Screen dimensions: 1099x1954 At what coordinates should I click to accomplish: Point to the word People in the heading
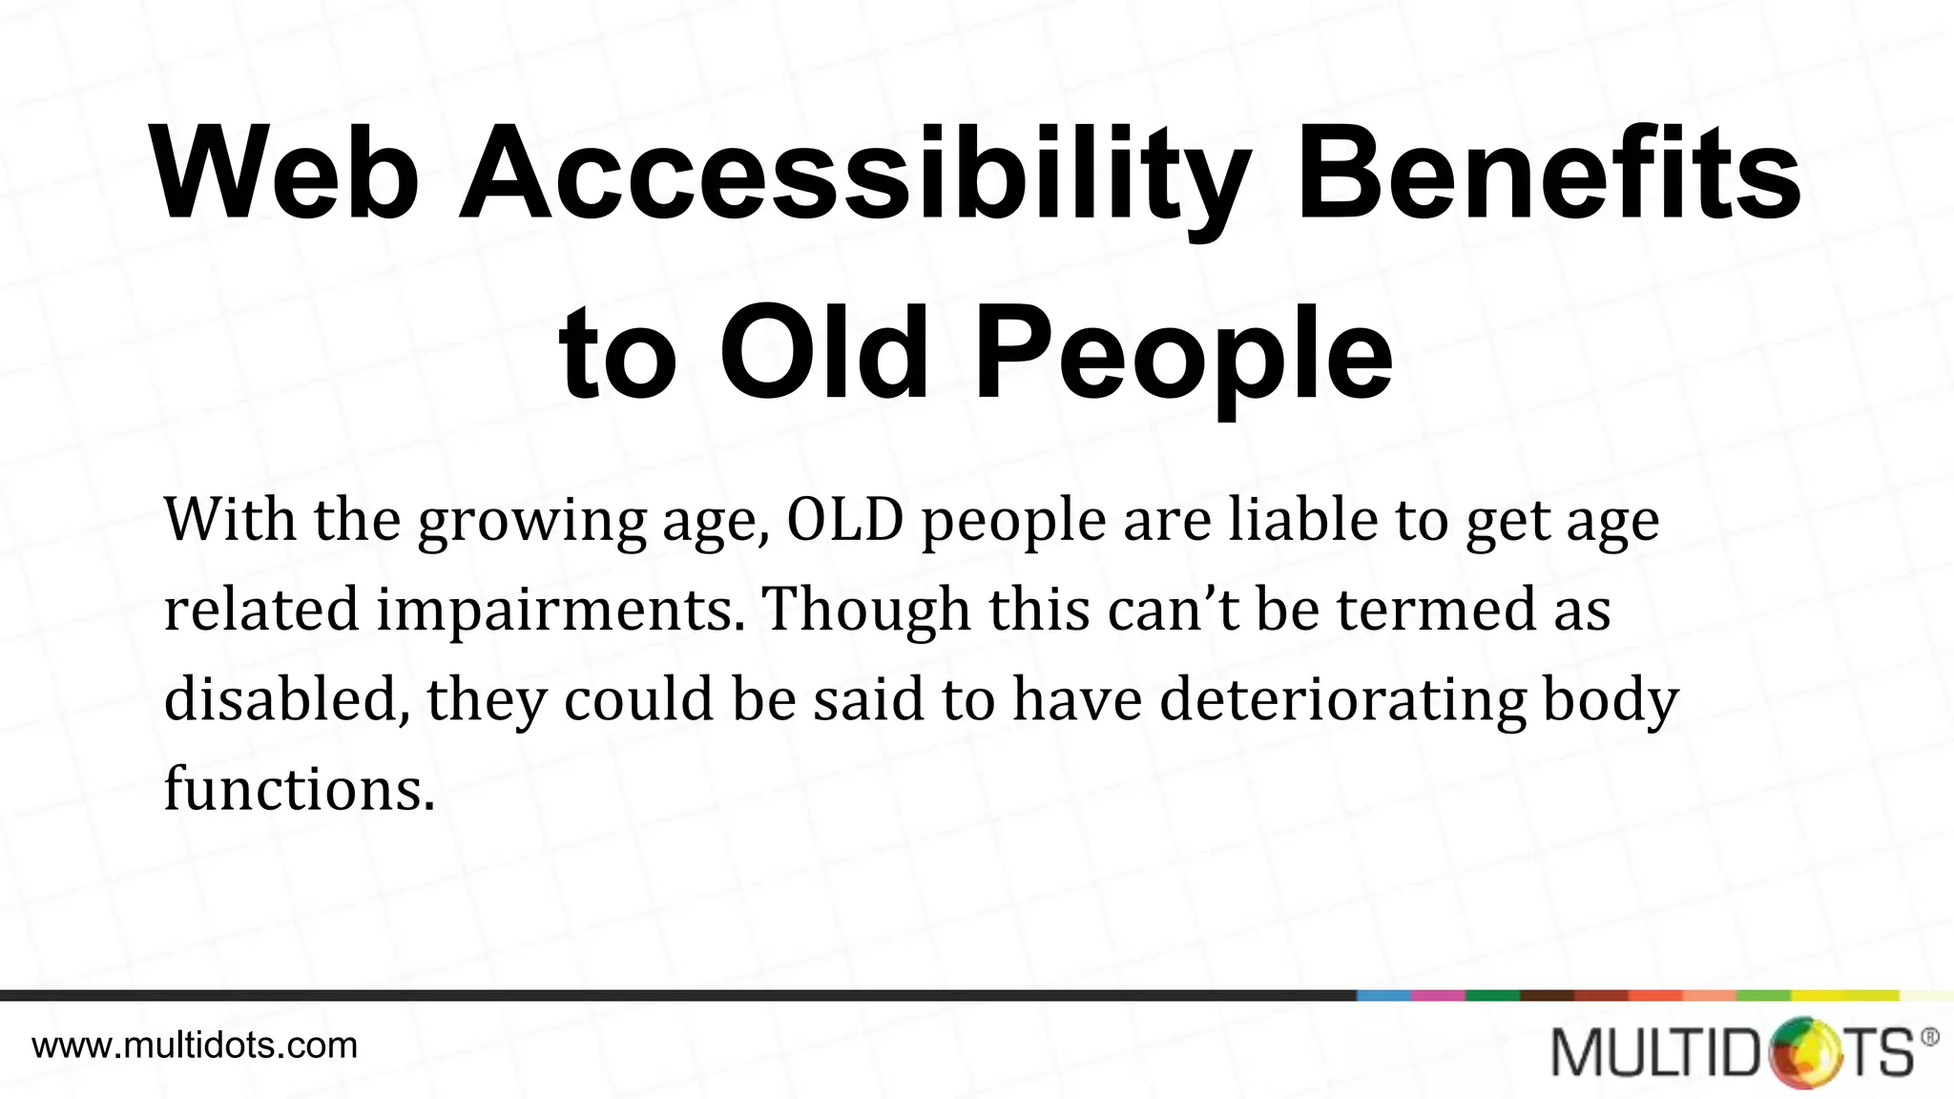tap(1183, 354)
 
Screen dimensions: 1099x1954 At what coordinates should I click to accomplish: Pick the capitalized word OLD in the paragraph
tap(845, 520)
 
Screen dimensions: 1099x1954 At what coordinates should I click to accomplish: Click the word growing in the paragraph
tap(531, 522)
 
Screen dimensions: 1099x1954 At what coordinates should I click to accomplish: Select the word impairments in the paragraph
tap(560, 611)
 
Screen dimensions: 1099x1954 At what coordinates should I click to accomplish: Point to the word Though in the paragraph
tap(867, 611)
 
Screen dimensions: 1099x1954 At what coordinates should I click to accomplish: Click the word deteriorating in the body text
tap(1343, 700)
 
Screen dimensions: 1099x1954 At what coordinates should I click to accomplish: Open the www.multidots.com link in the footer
tap(195, 1046)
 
